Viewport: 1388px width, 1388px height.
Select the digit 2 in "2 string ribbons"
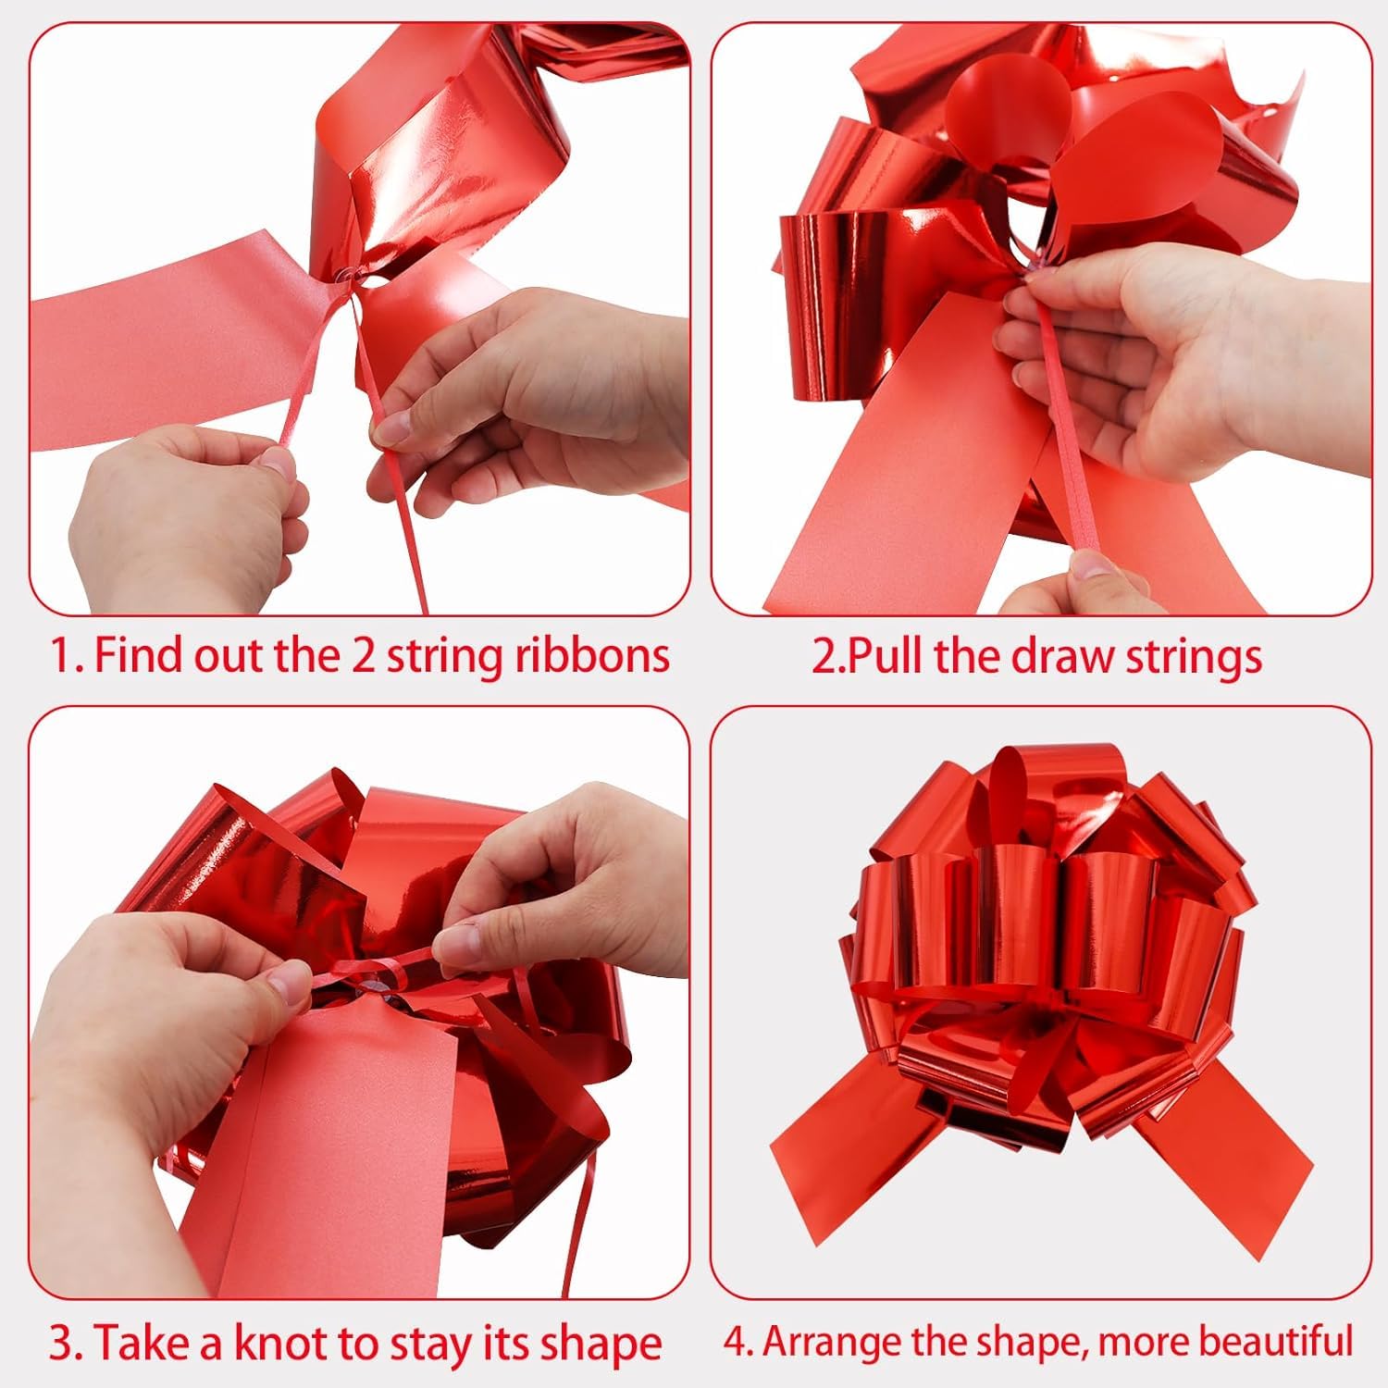[x=363, y=655]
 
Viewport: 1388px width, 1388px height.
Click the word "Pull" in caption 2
[x=882, y=655]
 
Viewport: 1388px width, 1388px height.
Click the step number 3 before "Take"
[x=60, y=1343]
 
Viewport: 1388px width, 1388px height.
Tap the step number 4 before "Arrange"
[x=736, y=1341]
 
